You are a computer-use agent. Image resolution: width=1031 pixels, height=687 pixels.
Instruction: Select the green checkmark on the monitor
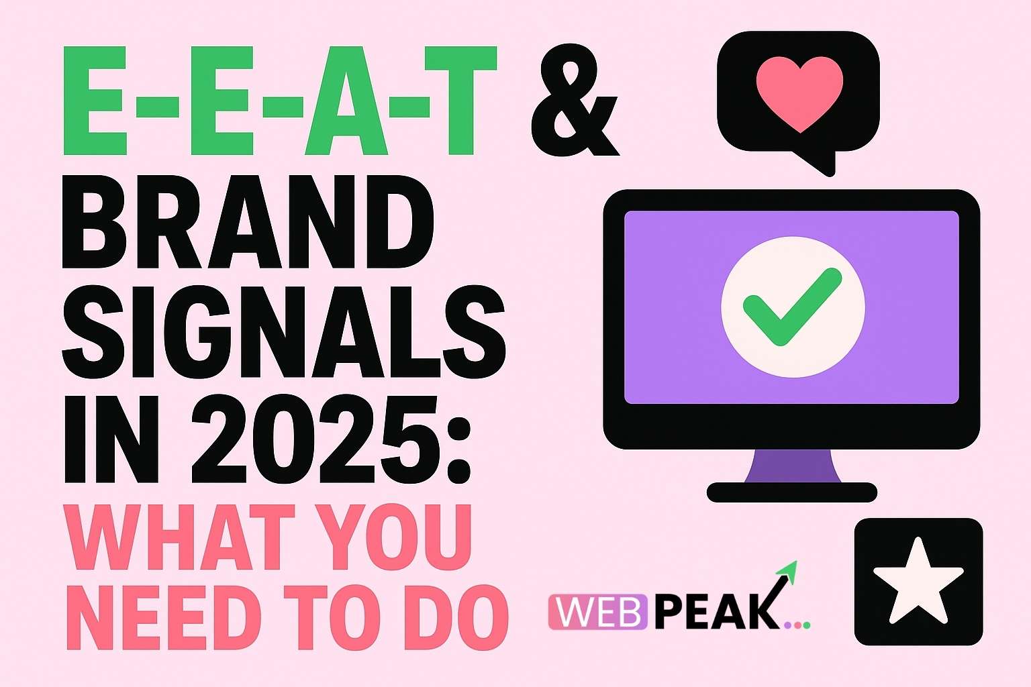click(791, 308)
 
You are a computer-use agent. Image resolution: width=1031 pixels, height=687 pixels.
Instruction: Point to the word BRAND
click(248, 221)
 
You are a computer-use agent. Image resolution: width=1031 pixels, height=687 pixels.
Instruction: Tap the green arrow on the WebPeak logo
click(787, 574)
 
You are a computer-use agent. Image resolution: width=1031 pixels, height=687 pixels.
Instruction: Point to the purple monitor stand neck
click(792, 466)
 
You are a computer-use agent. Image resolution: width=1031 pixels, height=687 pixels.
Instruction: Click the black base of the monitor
click(792, 492)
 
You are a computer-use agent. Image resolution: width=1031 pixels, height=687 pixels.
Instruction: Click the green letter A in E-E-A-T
click(346, 101)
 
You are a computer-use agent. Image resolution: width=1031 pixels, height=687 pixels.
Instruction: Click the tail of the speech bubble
click(823, 164)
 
